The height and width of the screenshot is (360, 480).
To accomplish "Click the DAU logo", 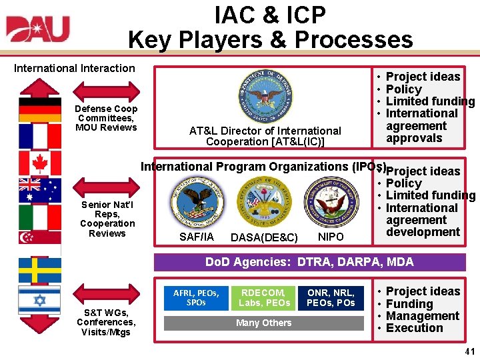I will tap(38, 30).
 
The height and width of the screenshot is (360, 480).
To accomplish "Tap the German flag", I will tap(39, 109).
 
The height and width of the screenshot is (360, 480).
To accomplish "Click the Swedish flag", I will tap(39, 270).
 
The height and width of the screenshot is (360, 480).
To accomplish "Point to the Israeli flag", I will tap(39, 299).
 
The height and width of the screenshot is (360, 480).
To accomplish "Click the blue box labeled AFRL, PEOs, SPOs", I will tap(199, 297).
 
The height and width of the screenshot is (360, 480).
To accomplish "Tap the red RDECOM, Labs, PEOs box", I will tap(265, 297).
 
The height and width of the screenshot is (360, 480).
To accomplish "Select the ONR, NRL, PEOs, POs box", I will tap(331, 297).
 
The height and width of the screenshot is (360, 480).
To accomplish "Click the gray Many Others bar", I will tap(265, 323).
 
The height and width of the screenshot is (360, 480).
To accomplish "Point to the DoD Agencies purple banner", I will tap(309, 262).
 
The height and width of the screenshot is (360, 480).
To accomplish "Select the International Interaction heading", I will tap(75, 68).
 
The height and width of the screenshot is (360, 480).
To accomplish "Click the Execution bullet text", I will tap(414, 328).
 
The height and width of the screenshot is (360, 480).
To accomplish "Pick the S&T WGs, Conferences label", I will tap(106, 322).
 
